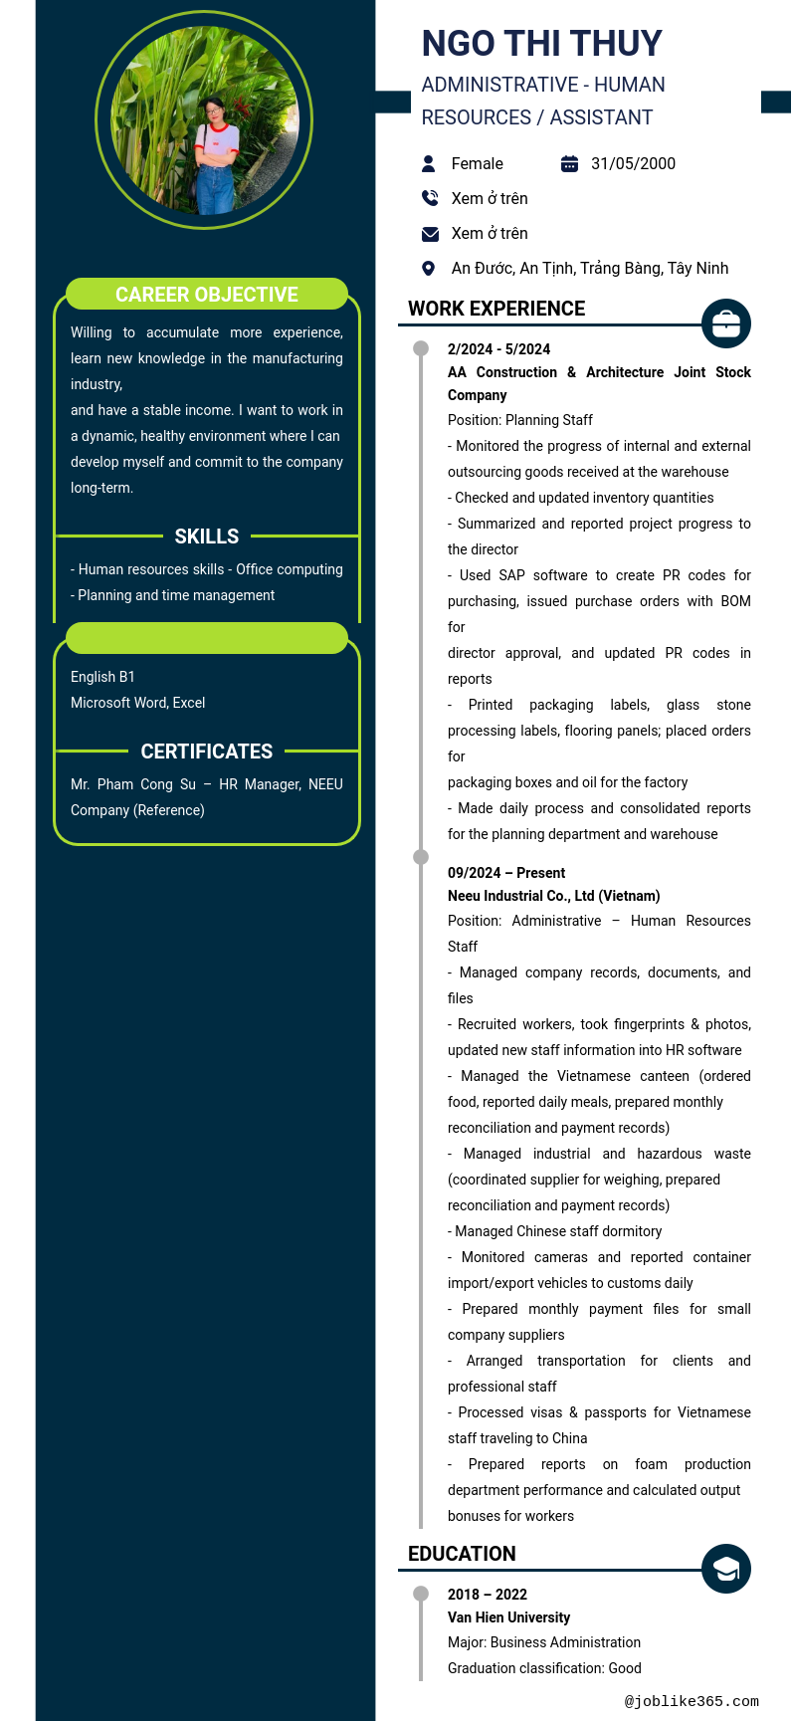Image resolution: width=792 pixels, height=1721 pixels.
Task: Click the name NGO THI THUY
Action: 541,44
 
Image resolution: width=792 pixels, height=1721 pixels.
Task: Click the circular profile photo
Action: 204,120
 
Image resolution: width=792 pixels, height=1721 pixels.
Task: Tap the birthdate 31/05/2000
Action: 633,164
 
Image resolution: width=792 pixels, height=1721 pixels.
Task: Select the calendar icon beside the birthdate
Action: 569,164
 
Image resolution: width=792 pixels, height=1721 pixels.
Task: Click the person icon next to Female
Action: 429,164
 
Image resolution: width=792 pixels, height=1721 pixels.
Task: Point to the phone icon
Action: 429,198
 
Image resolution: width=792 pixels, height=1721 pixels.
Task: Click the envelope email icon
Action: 430,234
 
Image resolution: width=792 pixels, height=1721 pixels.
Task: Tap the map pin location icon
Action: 429,269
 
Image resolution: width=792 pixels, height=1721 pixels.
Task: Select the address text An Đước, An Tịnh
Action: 589,269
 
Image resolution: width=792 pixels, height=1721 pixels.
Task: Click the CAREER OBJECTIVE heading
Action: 207,295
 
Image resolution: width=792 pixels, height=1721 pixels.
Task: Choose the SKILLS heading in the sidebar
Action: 207,537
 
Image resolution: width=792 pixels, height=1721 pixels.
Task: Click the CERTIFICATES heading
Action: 207,752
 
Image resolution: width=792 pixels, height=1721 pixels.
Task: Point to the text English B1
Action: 102,677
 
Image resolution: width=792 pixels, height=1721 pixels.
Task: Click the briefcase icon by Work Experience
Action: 726,323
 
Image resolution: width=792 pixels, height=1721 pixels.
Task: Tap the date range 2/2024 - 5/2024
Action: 498,349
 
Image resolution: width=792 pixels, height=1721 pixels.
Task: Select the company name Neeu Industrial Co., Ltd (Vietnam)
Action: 553,896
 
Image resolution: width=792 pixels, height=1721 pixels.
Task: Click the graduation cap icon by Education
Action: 726,1569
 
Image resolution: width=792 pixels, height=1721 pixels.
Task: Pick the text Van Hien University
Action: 508,1617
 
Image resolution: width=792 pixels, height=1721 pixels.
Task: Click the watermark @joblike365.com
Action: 692,1701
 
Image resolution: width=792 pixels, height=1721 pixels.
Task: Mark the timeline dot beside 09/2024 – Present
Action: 421,857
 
